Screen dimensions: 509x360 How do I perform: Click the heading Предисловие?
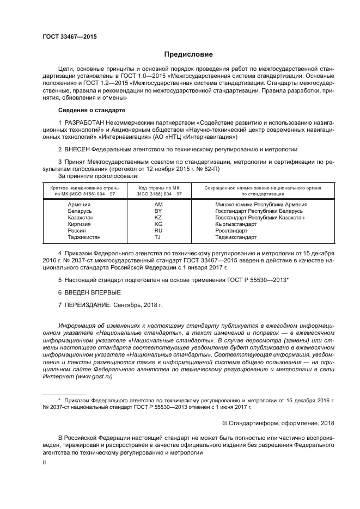click(x=189, y=56)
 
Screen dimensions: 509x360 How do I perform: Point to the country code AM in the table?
click(x=158, y=204)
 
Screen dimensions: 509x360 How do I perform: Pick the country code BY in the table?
click(x=158, y=211)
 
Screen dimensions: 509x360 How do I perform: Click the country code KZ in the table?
click(x=158, y=217)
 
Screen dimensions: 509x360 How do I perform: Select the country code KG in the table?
click(x=158, y=224)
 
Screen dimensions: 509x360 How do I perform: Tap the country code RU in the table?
click(x=158, y=230)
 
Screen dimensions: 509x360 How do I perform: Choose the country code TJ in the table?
click(x=158, y=237)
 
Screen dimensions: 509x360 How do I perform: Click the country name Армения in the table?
click(x=79, y=204)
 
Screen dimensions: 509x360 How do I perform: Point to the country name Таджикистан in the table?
click(x=84, y=237)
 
